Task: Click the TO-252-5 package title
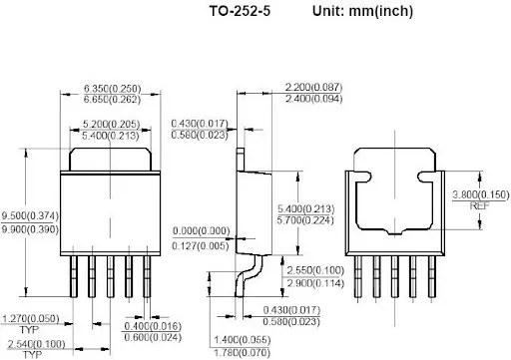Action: tap(240, 11)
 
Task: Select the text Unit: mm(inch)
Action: tap(362, 11)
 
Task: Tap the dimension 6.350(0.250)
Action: tap(112, 89)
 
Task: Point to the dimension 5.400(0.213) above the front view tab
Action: tap(111, 136)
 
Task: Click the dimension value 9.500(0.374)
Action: tap(30, 215)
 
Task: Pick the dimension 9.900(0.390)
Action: tap(30, 229)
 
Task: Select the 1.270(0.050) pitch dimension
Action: tap(31, 319)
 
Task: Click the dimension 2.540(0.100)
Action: tap(36, 344)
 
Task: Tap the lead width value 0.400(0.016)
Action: tap(153, 326)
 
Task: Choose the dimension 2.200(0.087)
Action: tap(313, 87)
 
